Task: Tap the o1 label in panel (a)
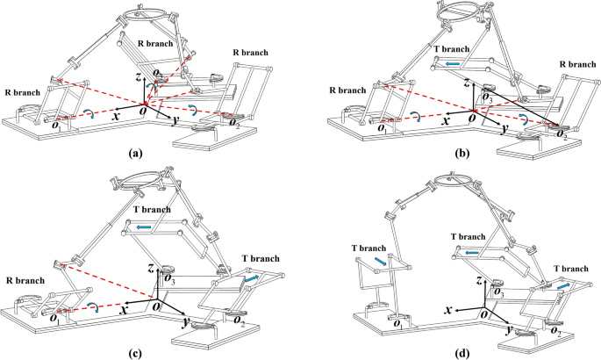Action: [x=59, y=125]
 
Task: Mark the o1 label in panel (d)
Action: [x=397, y=326]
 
